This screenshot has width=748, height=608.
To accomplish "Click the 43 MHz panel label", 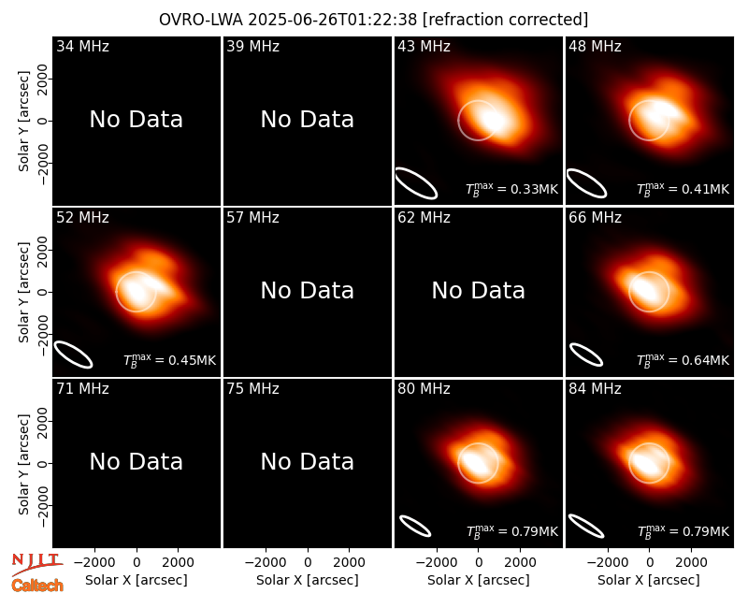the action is pos(424,46).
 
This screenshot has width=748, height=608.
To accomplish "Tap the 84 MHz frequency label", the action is pos(595,389).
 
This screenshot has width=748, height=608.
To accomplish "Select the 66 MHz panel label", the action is pos(595,218).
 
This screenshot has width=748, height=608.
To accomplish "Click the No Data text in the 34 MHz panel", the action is pos(137,120).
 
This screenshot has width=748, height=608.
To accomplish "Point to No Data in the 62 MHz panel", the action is pos(479,291).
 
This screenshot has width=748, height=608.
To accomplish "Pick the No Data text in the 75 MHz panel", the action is pos(308,462).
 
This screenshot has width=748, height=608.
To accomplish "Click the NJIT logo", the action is pos(36,564).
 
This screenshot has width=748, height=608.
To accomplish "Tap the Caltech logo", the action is pos(37,586).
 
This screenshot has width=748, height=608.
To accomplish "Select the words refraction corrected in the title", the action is pos(505,20).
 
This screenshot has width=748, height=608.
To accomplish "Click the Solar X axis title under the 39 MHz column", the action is pos(308,580).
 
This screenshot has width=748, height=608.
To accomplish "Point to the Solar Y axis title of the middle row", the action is pos(24,292).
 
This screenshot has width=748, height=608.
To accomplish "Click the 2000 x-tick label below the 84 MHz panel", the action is pos(691,563).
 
